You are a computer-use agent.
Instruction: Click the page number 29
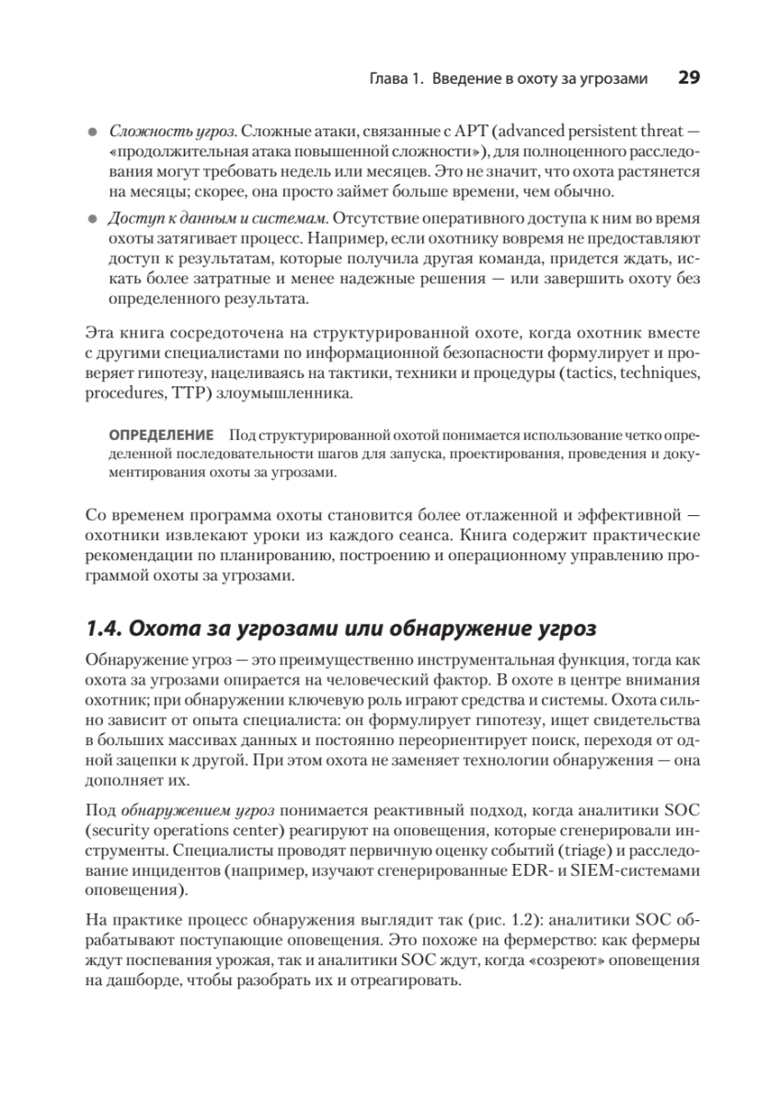coord(689,78)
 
